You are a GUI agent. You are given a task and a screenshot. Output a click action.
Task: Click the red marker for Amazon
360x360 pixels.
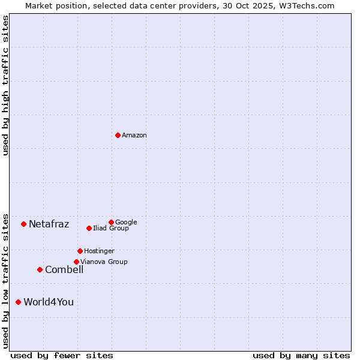118,135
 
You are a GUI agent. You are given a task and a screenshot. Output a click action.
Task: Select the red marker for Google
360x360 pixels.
111,222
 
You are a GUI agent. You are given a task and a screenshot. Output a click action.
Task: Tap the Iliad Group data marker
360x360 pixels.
89,228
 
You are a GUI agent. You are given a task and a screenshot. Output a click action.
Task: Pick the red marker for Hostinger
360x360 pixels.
80,251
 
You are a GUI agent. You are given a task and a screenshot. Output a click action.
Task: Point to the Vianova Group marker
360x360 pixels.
76,262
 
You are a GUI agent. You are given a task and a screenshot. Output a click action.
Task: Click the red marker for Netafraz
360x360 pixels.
23,224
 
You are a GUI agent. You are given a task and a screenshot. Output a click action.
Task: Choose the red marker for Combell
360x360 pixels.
40,269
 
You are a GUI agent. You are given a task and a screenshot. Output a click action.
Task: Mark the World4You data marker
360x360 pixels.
18,302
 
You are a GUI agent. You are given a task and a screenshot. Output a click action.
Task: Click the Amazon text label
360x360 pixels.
134,136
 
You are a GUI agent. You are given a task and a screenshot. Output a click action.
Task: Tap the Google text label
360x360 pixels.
126,222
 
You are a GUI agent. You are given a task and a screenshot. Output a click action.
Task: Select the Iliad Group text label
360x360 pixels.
111,228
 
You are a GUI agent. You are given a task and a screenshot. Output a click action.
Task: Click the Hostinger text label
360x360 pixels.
99,251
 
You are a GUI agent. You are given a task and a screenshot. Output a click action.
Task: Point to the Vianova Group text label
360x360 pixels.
104,262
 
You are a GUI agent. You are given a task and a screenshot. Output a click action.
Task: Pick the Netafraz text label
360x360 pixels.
49,224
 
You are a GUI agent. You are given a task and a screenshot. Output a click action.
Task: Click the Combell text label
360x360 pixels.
64,270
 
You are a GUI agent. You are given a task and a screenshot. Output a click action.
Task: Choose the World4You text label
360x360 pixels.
49,302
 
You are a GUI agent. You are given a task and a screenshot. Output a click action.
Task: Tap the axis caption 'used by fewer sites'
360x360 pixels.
62,355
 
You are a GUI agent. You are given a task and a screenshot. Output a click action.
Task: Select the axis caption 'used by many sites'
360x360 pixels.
301,355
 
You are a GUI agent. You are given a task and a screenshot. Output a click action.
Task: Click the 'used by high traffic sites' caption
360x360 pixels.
5,85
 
